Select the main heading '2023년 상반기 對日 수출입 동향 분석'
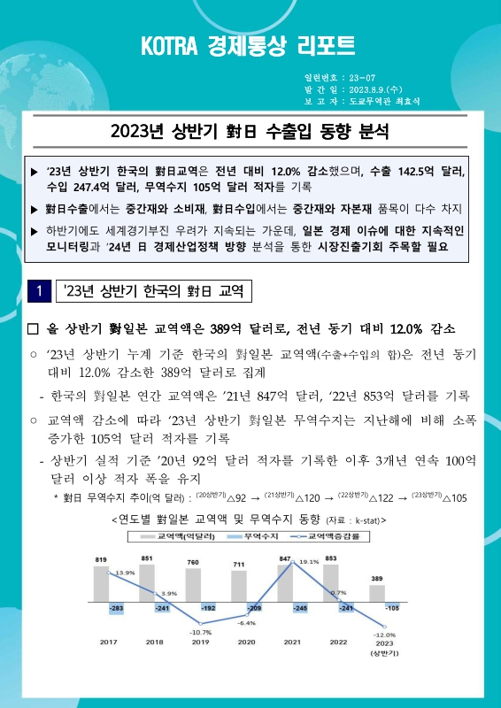pos(250,134)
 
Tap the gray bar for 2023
pos(376,594)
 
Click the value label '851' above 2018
pos(147,558)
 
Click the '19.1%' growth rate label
pos(308,562)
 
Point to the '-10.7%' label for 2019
pos(199,633)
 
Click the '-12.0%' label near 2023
pos(383,635)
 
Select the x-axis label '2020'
pos(247,643)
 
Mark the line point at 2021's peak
pos(292,563)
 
